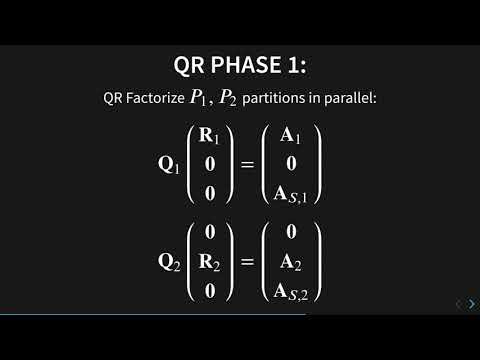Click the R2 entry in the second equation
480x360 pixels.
point(209,263)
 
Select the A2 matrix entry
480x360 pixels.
point(293,263)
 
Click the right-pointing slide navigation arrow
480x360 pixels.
point(471,304)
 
